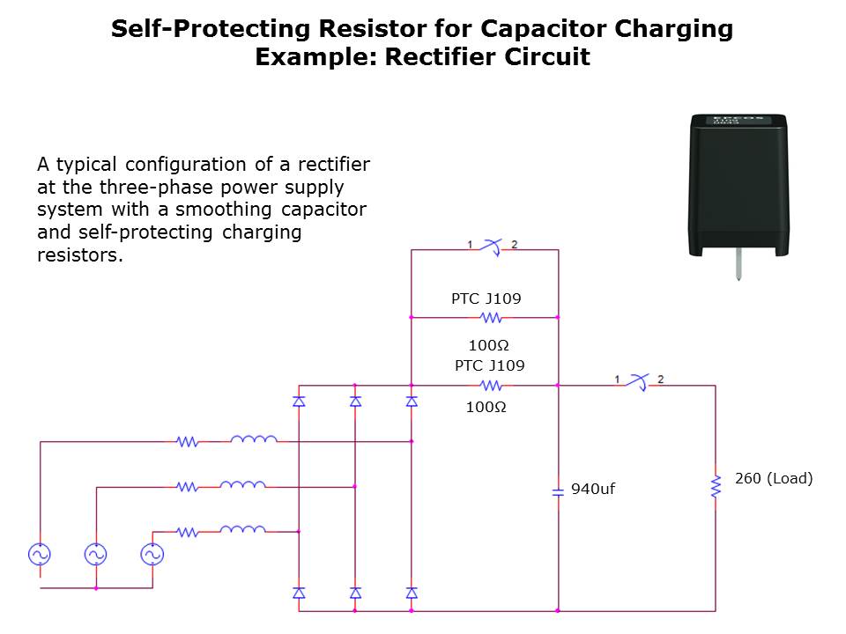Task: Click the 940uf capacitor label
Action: [x=592, y=489]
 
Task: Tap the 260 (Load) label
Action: [x=773, y=479]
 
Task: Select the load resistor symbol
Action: [x=716, y=485]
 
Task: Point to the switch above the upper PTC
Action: [x=492, y=247]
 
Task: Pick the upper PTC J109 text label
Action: [x=486, y=299]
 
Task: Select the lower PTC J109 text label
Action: [x=489, y=365]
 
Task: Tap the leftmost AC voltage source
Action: [x=39, y=554]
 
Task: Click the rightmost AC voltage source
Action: [x=152, y=554]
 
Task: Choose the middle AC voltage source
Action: [x=95, y=554]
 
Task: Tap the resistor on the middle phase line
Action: [x=187, y=486]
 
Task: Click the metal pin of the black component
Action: [x=738, y=267]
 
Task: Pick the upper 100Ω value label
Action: [x=488, y=344]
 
